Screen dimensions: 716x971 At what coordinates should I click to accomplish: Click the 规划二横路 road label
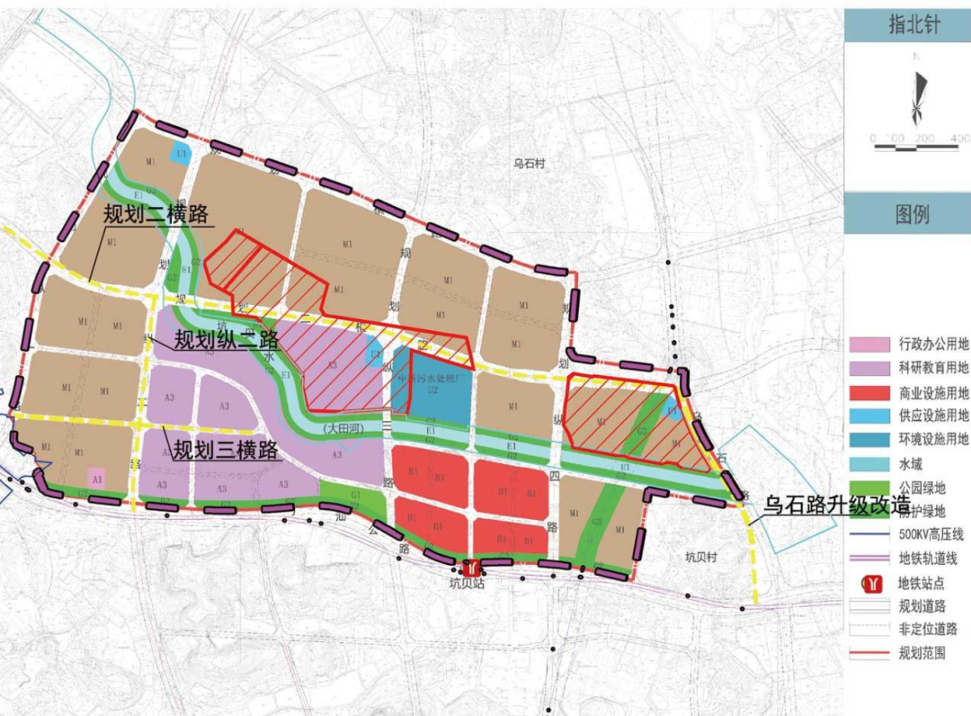coord(156,215)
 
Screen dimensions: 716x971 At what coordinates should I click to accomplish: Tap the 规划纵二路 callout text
coord(227,340)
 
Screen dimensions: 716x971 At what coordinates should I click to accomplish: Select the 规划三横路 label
coord(227,449)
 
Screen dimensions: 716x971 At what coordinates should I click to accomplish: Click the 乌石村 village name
coord(530,164)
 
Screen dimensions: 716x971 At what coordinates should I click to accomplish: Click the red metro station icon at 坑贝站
coord(469,568)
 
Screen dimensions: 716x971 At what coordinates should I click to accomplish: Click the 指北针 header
coord(906,24)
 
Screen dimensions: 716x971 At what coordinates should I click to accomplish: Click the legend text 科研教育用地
coord(933,368)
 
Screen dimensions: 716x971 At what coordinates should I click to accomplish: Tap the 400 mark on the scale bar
coord(958,138)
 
